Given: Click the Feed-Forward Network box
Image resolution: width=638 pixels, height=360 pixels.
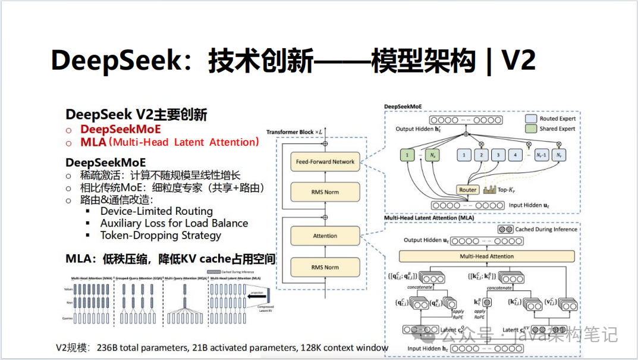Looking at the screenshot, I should [x=325, y=162].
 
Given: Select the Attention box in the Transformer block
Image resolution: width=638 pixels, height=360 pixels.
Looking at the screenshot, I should [x=325, y=236].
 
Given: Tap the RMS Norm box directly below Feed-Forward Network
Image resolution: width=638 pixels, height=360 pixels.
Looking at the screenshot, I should [x=325, y=192].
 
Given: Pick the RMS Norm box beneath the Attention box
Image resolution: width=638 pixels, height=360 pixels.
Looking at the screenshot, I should [x=325, y=267].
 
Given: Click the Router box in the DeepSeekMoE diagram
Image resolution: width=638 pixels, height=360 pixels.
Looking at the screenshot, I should [x=468, y=190].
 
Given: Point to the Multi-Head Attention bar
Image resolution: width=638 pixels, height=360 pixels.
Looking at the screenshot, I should [x=487, y=256].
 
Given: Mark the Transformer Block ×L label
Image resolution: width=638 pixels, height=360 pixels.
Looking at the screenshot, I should [x=294, y=132].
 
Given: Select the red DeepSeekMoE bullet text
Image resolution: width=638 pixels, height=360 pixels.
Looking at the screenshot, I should [x=121, y=129].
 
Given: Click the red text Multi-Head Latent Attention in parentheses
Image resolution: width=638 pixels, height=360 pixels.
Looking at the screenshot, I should [x=186, y=142].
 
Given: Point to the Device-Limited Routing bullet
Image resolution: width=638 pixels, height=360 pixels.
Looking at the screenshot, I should [x=156, y=211].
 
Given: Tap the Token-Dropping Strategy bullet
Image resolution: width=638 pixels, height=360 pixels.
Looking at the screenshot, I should [x=161, y=235].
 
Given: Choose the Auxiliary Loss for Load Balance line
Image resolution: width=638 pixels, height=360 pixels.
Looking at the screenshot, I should [x=174, y=223].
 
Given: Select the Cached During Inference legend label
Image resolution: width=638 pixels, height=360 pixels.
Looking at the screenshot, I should [x=546, y=229].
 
